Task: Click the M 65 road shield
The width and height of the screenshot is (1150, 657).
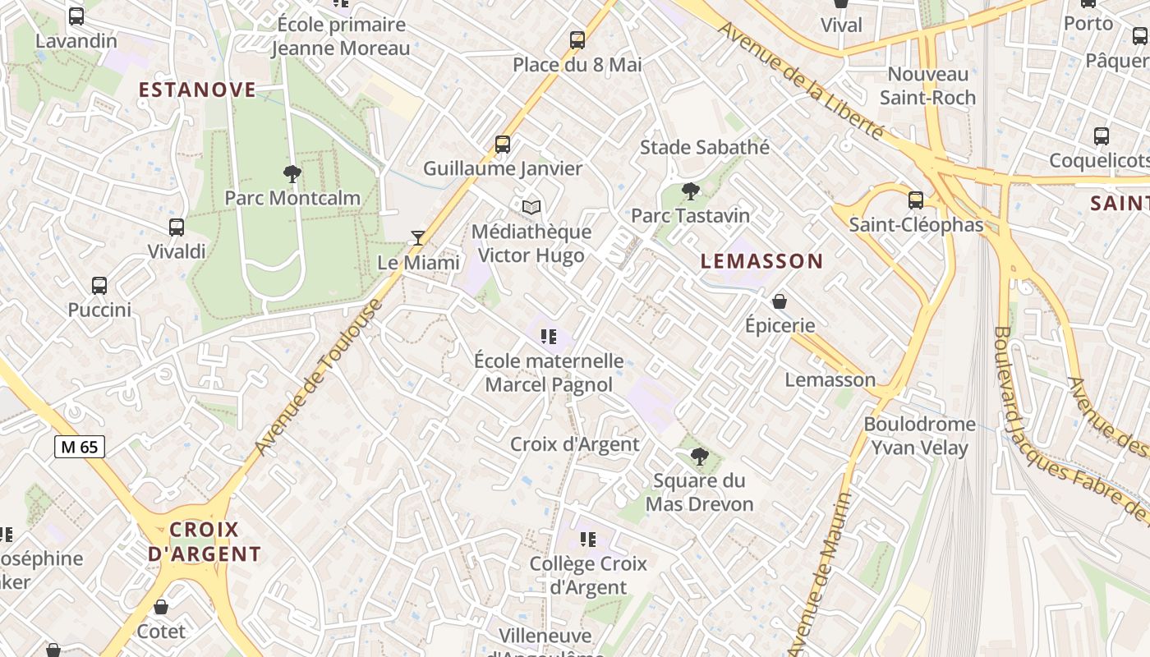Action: (x=80, y=447)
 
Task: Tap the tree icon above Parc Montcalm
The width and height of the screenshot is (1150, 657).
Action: (x=292, y=173)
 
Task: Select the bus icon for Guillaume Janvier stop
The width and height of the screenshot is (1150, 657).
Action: (x=503, y=145)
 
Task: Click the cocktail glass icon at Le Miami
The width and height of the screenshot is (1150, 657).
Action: (x=418, y=238)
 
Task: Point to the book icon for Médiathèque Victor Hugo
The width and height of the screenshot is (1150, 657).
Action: (x=531, y=208)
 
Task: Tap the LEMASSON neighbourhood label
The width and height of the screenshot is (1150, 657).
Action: (x=761, y=261)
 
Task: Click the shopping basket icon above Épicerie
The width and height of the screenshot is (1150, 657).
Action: (x=780, y=301)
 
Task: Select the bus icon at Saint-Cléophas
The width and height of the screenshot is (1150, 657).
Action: (x=916, y=200)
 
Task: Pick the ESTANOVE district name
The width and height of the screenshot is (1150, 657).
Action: (x=197, y=90)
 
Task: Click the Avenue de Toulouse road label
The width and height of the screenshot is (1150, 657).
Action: (x=319, y=378)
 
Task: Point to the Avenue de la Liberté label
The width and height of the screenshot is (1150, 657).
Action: (x=801, y=80)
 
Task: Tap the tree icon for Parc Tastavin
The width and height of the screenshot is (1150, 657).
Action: (x=691, y=191)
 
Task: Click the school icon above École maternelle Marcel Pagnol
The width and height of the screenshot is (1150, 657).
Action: (x=548, y=336)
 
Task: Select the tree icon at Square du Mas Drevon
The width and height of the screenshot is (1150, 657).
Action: (x=699, y=456)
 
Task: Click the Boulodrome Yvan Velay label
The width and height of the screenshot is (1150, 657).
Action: (x=919, y=436)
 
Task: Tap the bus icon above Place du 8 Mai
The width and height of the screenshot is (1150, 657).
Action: (x=577, y=39)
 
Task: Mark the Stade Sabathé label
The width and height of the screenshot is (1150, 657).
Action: (x=705, y=147)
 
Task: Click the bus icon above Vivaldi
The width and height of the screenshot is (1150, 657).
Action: (x=177, y=227)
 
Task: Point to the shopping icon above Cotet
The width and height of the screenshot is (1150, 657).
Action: (x=161, y=607)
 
